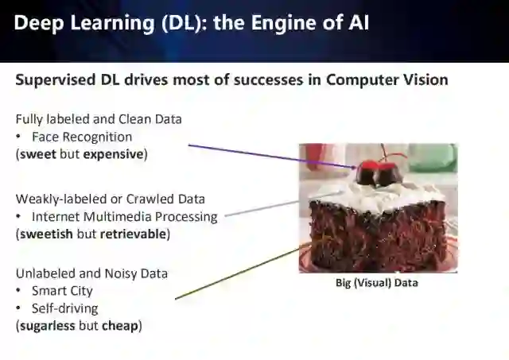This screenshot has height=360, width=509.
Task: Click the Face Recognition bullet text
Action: (82, 137)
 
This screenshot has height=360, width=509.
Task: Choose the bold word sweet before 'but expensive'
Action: (37, 154)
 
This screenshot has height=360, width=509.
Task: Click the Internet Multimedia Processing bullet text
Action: (124, 216)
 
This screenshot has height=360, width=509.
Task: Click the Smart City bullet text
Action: (62, 291)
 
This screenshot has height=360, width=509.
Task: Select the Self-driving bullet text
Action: (64, 308)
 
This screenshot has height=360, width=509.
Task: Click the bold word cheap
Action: (120, 326)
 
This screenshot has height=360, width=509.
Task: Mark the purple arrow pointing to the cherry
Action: (270, 156)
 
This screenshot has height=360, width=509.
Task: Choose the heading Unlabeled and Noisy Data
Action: (91, 273)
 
